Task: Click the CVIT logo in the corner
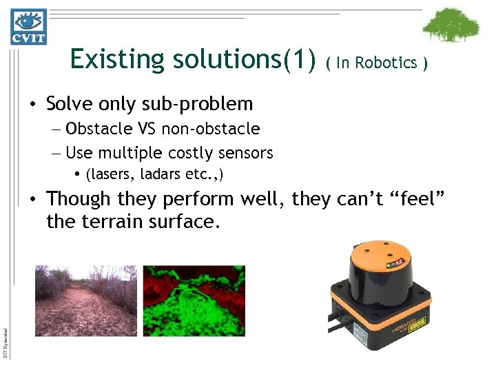pos(28,26)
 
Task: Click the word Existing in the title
pos(110,60)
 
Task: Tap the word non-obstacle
pos(211,129)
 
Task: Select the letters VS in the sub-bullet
pos(146,129)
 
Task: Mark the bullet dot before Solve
pos(32,105)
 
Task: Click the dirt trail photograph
pos(86,300)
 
